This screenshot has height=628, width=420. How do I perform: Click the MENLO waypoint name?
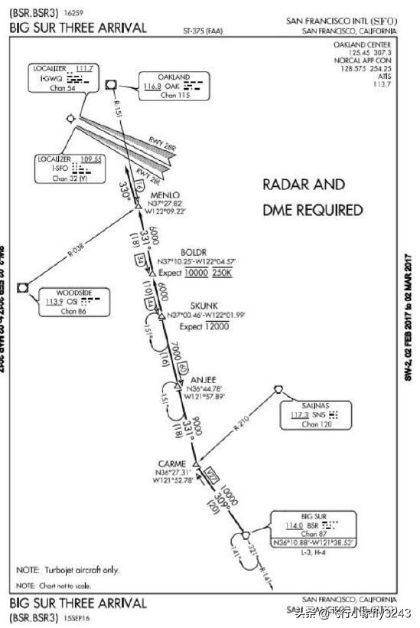(166, 194)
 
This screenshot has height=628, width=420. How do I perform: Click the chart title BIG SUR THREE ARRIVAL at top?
(78, 28)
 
